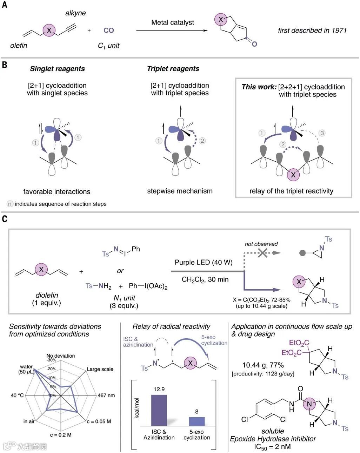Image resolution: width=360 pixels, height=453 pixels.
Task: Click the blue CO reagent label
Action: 109,31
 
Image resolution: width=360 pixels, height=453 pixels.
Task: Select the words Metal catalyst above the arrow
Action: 172,22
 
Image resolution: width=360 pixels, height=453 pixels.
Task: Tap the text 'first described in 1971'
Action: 312,31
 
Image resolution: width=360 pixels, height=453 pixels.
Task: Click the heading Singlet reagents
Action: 57,69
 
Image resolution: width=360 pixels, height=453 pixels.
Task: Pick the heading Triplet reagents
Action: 173,69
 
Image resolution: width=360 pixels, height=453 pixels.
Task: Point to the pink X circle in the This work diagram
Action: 293,174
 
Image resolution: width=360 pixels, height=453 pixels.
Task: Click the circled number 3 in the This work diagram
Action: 322,133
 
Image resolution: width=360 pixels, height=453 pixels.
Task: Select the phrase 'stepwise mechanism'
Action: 180,191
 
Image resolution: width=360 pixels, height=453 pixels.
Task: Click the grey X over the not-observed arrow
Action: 262,252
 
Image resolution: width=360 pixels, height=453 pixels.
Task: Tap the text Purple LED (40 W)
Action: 204,263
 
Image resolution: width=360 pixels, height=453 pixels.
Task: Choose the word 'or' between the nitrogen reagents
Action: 120,271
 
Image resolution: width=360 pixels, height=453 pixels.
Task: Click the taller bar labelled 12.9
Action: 159,410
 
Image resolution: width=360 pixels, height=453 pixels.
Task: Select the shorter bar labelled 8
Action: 197,421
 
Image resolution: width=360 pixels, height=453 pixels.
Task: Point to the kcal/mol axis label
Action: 137,408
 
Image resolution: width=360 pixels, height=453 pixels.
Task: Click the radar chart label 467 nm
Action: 106,395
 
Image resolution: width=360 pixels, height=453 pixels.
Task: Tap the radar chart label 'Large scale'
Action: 100,369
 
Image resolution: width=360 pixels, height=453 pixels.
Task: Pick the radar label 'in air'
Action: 29,421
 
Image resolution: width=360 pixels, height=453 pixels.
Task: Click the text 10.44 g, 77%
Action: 263,365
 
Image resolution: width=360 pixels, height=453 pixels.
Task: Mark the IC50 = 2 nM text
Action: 272,447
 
